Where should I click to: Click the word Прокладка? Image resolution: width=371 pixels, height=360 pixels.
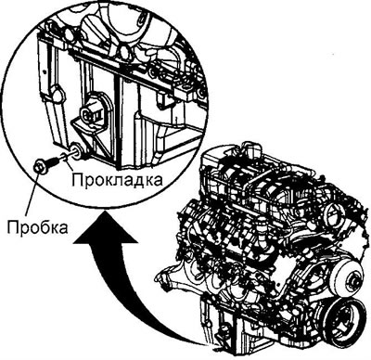click(117, 179)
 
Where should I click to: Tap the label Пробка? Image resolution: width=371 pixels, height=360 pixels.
click(38, 227)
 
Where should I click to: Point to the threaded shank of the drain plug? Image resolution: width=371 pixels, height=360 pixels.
click(53, 161)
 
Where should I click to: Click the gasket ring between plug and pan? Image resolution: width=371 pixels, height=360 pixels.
click(64, 156)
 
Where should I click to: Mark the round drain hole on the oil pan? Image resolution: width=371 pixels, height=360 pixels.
click(77, 150)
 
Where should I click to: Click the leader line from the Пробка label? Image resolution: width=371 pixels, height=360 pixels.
click(32, 193)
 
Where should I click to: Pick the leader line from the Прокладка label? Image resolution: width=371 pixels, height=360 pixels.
click(69, 164)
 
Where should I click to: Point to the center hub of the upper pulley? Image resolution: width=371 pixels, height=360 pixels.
click(354, 280)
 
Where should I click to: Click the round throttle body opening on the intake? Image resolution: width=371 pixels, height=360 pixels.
click(334, 212)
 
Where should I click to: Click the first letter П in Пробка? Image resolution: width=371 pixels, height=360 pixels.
click(13, 227)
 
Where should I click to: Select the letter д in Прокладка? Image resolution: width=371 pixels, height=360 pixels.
click(135, 181)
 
